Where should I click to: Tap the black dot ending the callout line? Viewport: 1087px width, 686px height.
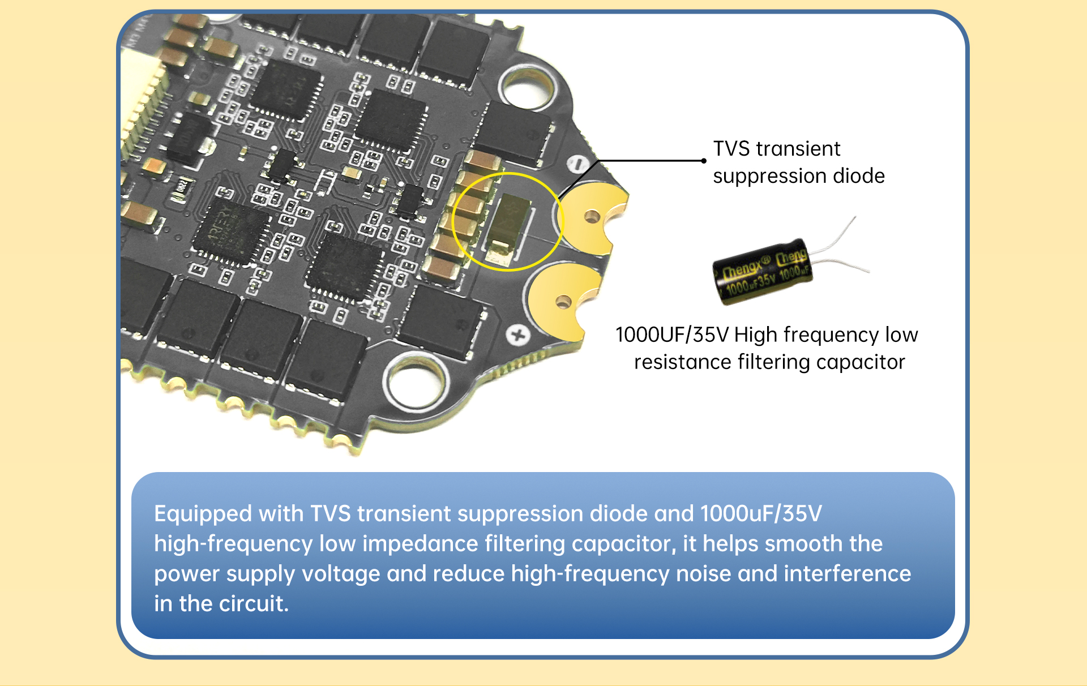(x=704, y=161)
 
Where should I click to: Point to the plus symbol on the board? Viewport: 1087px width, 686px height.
(x=517, y=335)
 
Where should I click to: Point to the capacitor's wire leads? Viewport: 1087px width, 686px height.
(x=838, y=249)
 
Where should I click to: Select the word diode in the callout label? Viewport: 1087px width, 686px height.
(x=858, y=176)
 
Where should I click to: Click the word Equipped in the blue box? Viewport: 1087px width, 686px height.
(x=203, y=514)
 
